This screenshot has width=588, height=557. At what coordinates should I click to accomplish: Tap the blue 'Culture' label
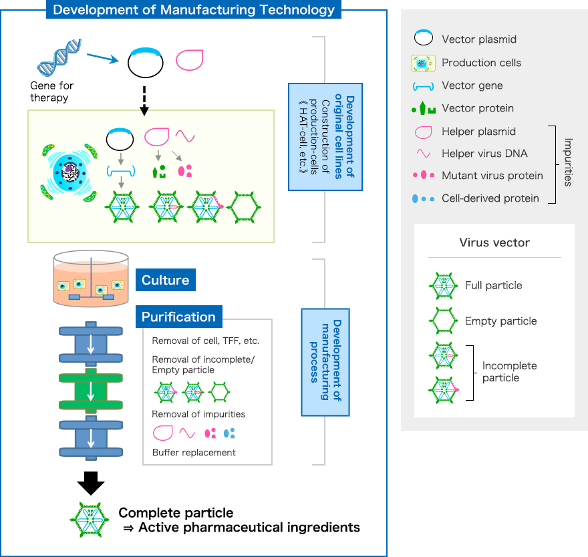pyautogui.click(x=165, y=280)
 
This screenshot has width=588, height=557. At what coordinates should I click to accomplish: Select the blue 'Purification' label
pyautogui.click(x=178, y=317)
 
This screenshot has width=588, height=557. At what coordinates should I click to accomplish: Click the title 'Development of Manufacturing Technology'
pyautogui.click(x=194, y=10)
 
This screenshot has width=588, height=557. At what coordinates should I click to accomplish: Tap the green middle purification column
pyautogui.click(x=91, y=391)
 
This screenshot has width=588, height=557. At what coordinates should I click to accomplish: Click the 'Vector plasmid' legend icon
pyautogui.click(x=422, y=39)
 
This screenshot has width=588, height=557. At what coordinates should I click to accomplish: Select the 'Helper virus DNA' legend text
pyautogui.click(x=484, y=154)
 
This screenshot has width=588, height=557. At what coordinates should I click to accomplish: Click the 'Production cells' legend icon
pyautogui.click(x=422, y=63)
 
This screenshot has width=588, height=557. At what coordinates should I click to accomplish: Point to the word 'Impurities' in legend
pyautogui.click(x=569, y=162)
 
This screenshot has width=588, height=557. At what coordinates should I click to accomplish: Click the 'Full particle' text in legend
pyautogui.click(x=493, y=285)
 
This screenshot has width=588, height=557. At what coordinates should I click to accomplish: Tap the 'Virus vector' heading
pyautogui.click(x=494, y=242)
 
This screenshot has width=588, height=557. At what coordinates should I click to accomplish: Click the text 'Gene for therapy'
pyautogui.click(x=52, y=91)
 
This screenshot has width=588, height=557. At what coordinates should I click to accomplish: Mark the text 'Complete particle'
pyautogui.click(x=176, y=513)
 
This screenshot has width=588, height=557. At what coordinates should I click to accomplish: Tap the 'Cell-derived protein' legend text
pyautogui.click(x=490, y=198)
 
